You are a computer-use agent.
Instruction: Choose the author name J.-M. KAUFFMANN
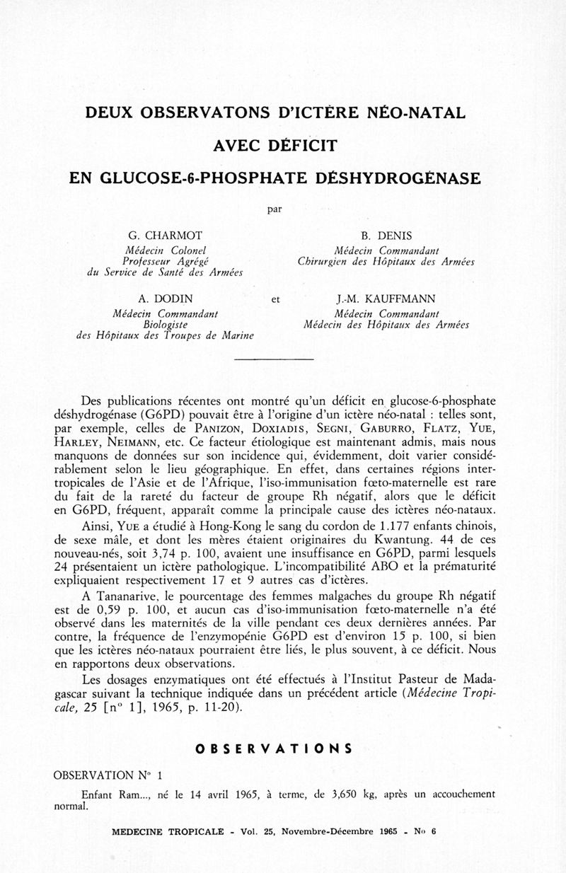[x=386, y=299]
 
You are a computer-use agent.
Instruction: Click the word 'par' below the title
[x=275, y=209]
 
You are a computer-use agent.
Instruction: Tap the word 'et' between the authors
[x=276, y=300]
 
